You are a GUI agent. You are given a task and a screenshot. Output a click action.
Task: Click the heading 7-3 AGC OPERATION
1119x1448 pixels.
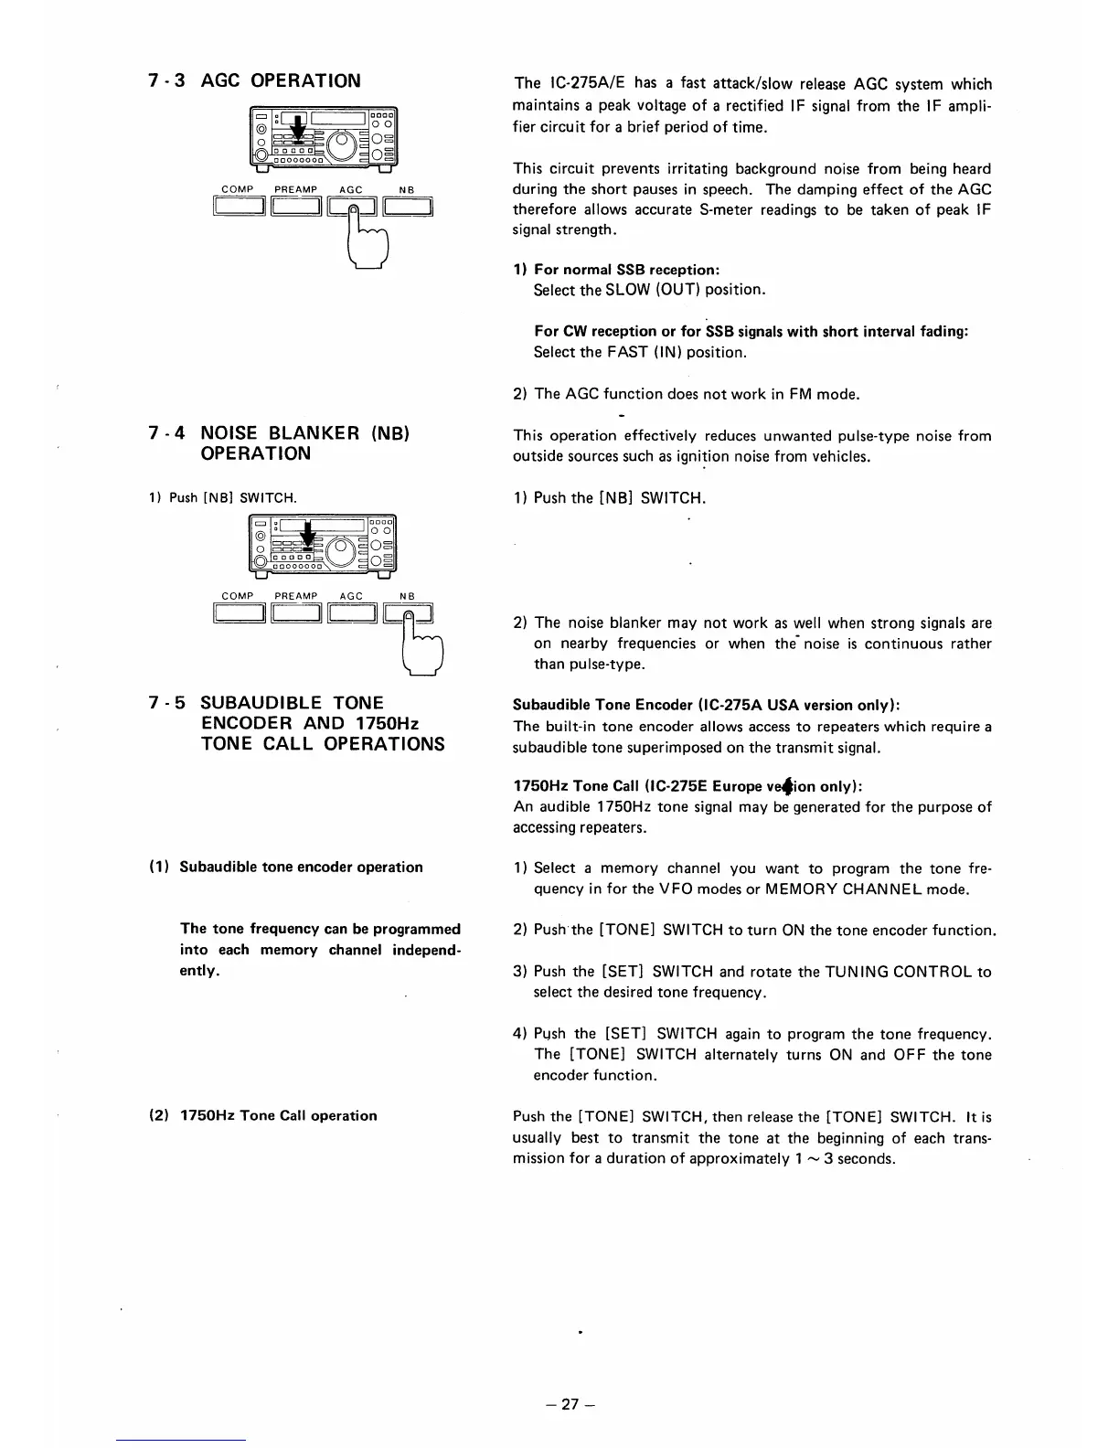click(255, 80)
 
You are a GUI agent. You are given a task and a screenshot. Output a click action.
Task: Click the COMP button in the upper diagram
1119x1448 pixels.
click(239, 210)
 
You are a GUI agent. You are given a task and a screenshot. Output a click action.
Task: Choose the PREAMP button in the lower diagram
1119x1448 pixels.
click(296, 615)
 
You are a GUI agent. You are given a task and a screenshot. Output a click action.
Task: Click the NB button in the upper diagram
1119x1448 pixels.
click(407, 210)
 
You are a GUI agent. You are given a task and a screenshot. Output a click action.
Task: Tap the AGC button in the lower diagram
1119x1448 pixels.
click(352, 615)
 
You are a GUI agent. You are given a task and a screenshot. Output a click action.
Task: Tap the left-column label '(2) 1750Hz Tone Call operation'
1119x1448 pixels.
click(262, 1115)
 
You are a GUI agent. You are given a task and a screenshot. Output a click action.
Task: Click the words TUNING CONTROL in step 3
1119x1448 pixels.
click(886, 972)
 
